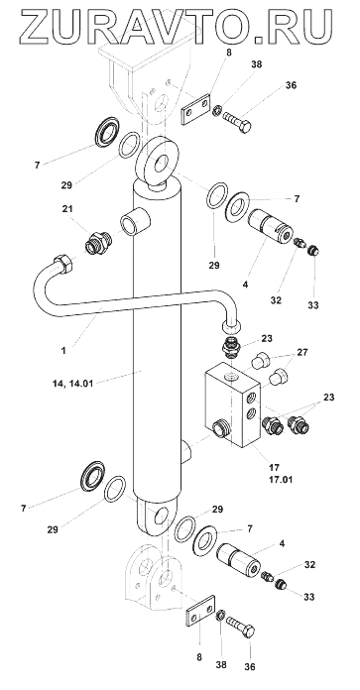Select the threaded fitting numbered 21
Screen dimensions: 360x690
98,243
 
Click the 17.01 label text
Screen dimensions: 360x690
280,478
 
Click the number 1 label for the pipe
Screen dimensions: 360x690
64,351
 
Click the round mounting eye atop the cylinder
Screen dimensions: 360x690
158,161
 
